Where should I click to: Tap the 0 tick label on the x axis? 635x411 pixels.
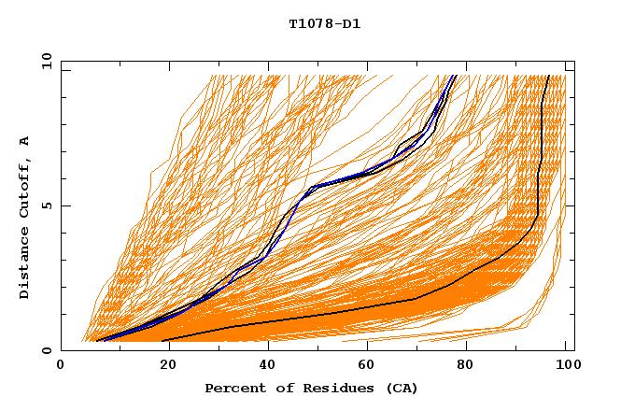coord(61,368)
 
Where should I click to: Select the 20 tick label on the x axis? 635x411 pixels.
coord(162,368)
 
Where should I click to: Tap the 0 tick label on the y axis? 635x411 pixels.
coord(46,350)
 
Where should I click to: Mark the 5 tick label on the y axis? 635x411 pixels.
coord(46,205)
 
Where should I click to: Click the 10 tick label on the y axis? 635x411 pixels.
coord(43,61)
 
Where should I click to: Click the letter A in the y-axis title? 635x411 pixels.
coord(25,140)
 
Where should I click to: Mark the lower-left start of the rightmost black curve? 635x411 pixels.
coord(162,340)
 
